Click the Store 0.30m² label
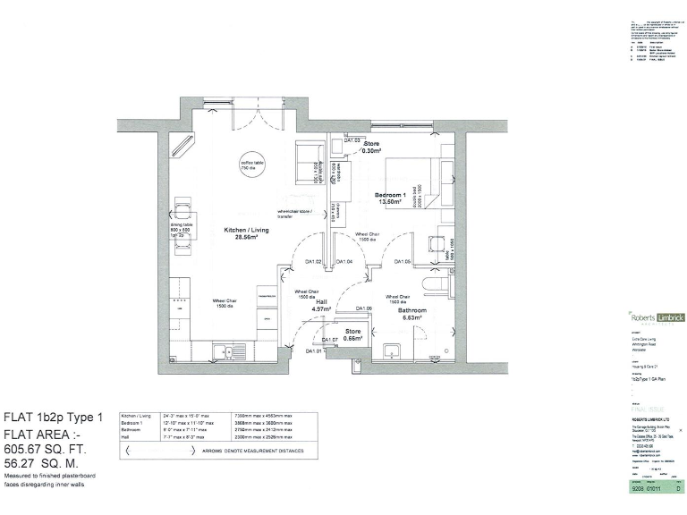coord(371,148)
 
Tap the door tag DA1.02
coord(313,262)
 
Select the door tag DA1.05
coord(402,262)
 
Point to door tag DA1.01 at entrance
coord(313,351)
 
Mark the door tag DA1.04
coord(343,262)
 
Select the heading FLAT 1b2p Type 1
coord(54,417)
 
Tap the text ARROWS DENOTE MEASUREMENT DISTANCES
coord(242,452)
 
